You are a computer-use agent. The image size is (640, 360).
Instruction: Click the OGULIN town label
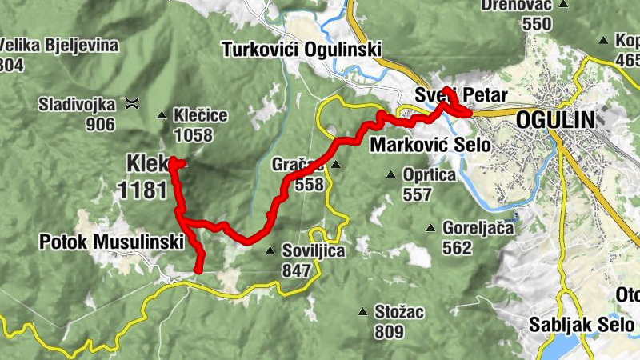click(x=555, y=120)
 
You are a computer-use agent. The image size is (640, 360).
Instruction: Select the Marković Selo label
click(x=430, y=146)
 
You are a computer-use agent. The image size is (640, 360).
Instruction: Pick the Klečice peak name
click(x=200, y=116)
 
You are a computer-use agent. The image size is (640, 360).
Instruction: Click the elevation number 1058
click(x=193, y=136)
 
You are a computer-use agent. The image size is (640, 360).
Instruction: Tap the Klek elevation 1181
click(x=142, y=190)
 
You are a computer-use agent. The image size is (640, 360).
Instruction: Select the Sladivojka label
click(x=79, y=104)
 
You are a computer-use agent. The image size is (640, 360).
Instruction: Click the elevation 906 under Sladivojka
click(x=100, y=124)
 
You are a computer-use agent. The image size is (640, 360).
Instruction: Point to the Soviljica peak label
click(x=314, y=250)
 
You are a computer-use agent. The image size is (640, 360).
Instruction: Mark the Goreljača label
click(x=478, y=228)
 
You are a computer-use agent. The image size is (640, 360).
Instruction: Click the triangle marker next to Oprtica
click(x=391, y=174)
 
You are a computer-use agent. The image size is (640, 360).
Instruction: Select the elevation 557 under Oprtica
click(x=418, y=194)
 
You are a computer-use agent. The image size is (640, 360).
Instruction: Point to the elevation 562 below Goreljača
click(x=457, y=248)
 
